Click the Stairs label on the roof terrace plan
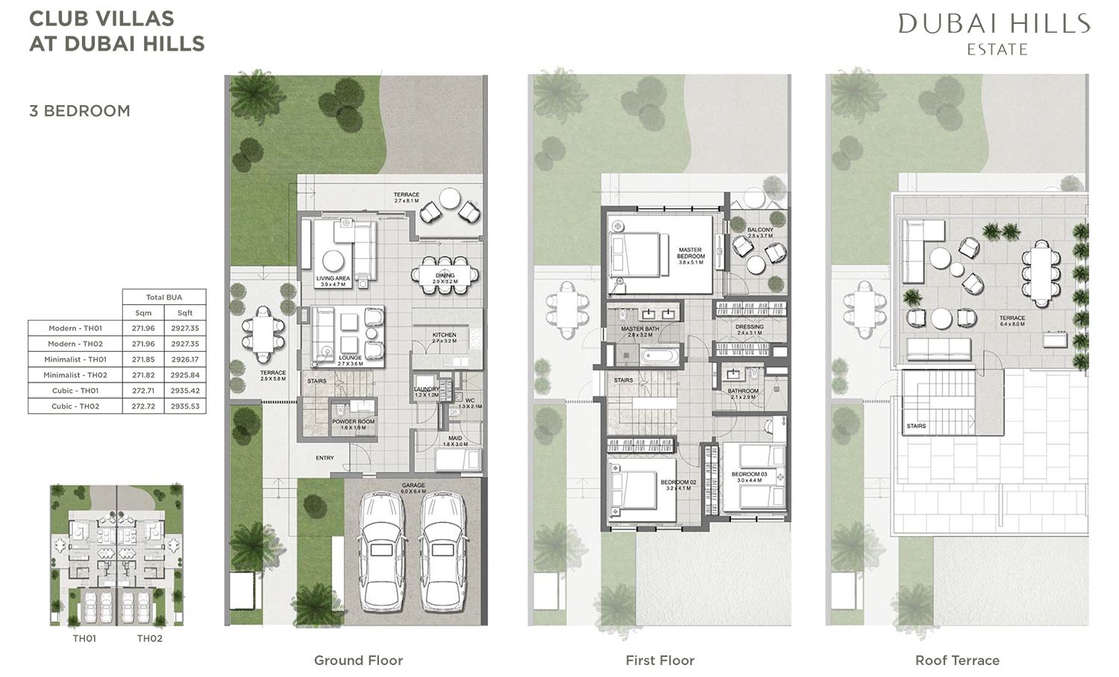click(916, 426)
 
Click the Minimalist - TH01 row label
click(75, 359)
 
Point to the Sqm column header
click(143, 313)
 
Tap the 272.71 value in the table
click(143, 391)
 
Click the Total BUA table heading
click(164, 297)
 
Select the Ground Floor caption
click(358, 661)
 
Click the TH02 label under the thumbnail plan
click(149, 638)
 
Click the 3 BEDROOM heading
click(80, 111)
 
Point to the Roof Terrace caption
click(957, 661)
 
